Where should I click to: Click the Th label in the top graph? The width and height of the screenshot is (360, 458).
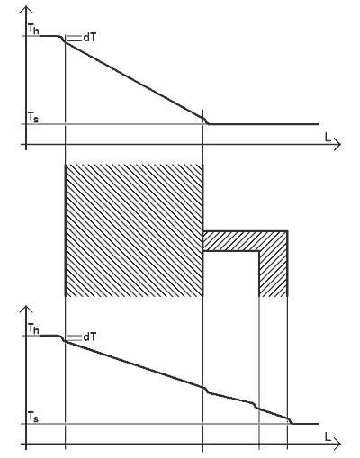tap(33, 30)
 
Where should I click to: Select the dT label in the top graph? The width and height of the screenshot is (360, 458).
tap(90, 38)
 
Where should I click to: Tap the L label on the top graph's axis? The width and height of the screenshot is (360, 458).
tap(328, 138)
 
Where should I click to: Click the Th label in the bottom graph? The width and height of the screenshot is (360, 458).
tap(33, 329)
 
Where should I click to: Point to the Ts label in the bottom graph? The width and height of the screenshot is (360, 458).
tap(33, 417)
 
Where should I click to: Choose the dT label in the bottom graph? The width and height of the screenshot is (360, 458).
tap(90, 337)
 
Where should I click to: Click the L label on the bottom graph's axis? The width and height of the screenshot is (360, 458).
tap(328, 436)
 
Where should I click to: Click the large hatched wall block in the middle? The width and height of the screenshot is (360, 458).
tap(134, 230)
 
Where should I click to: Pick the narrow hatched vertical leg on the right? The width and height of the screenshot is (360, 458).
tap(274, 273)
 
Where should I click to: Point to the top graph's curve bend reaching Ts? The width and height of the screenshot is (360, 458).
tap(205, 121)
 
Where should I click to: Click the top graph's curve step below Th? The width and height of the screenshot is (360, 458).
tap(63, 39)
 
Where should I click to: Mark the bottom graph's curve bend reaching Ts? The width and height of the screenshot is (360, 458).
tap(290, 420)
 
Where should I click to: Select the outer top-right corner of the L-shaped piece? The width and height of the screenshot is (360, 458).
tap(288, 231)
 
